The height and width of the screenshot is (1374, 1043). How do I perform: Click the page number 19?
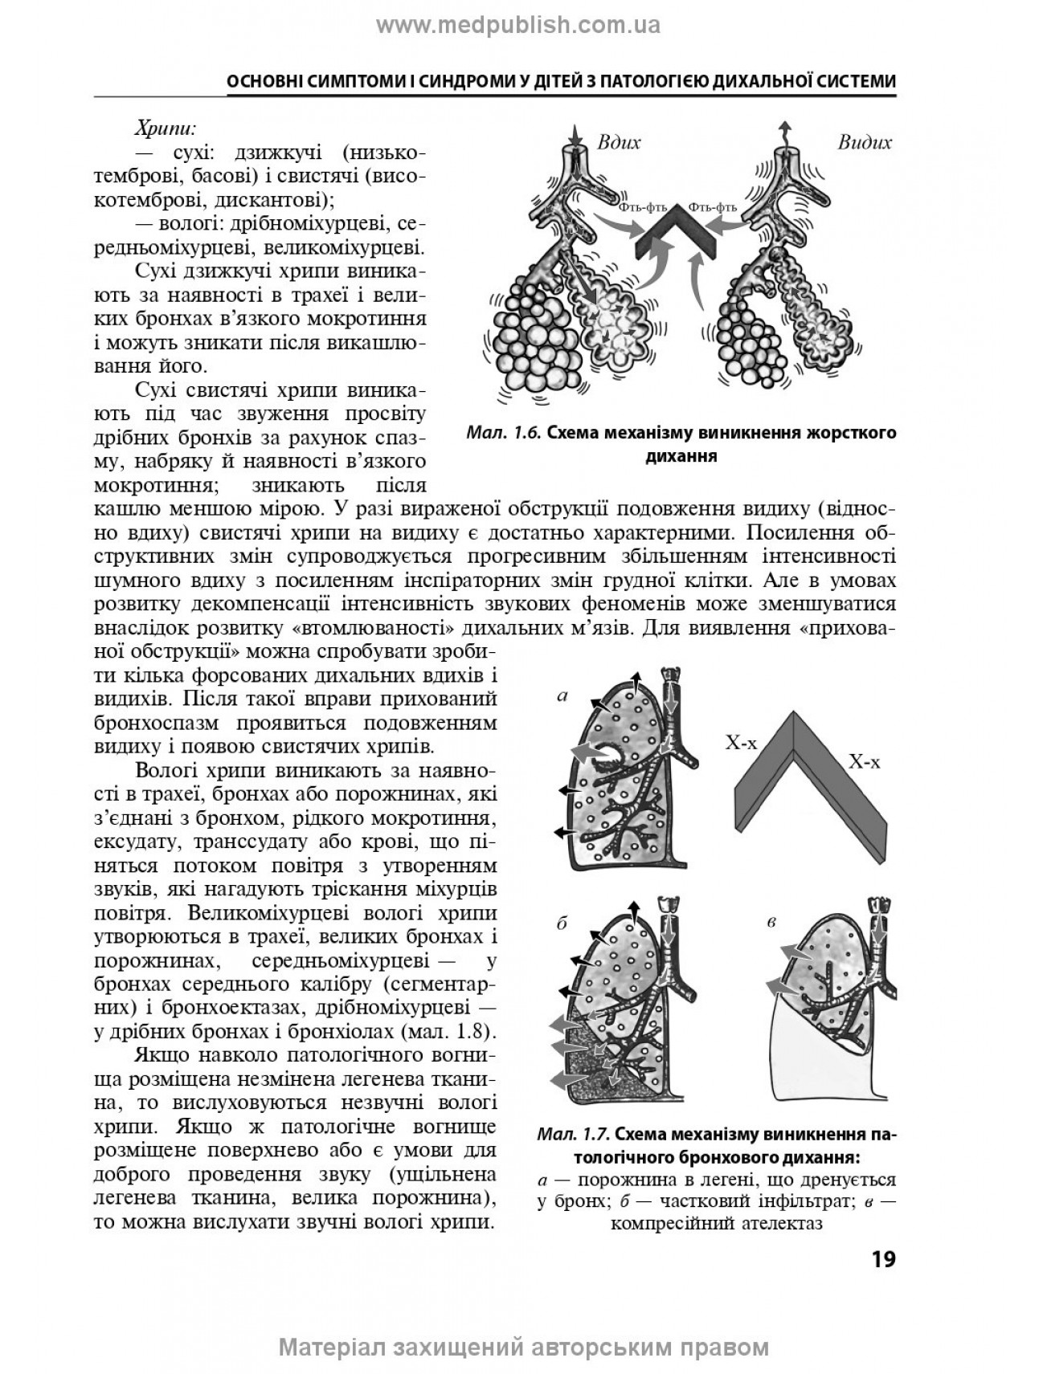(883, 1259)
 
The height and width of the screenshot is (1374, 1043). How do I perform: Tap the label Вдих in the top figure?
(619, 143)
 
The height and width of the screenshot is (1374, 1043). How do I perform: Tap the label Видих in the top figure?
(865, 143)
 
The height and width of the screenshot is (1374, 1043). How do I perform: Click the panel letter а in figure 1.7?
(562, 696)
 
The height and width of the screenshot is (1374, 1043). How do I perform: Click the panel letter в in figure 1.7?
(771, 922)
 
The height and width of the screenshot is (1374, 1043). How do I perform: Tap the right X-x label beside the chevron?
(864, 762)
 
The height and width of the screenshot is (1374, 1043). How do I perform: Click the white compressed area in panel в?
(812, 1060)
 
